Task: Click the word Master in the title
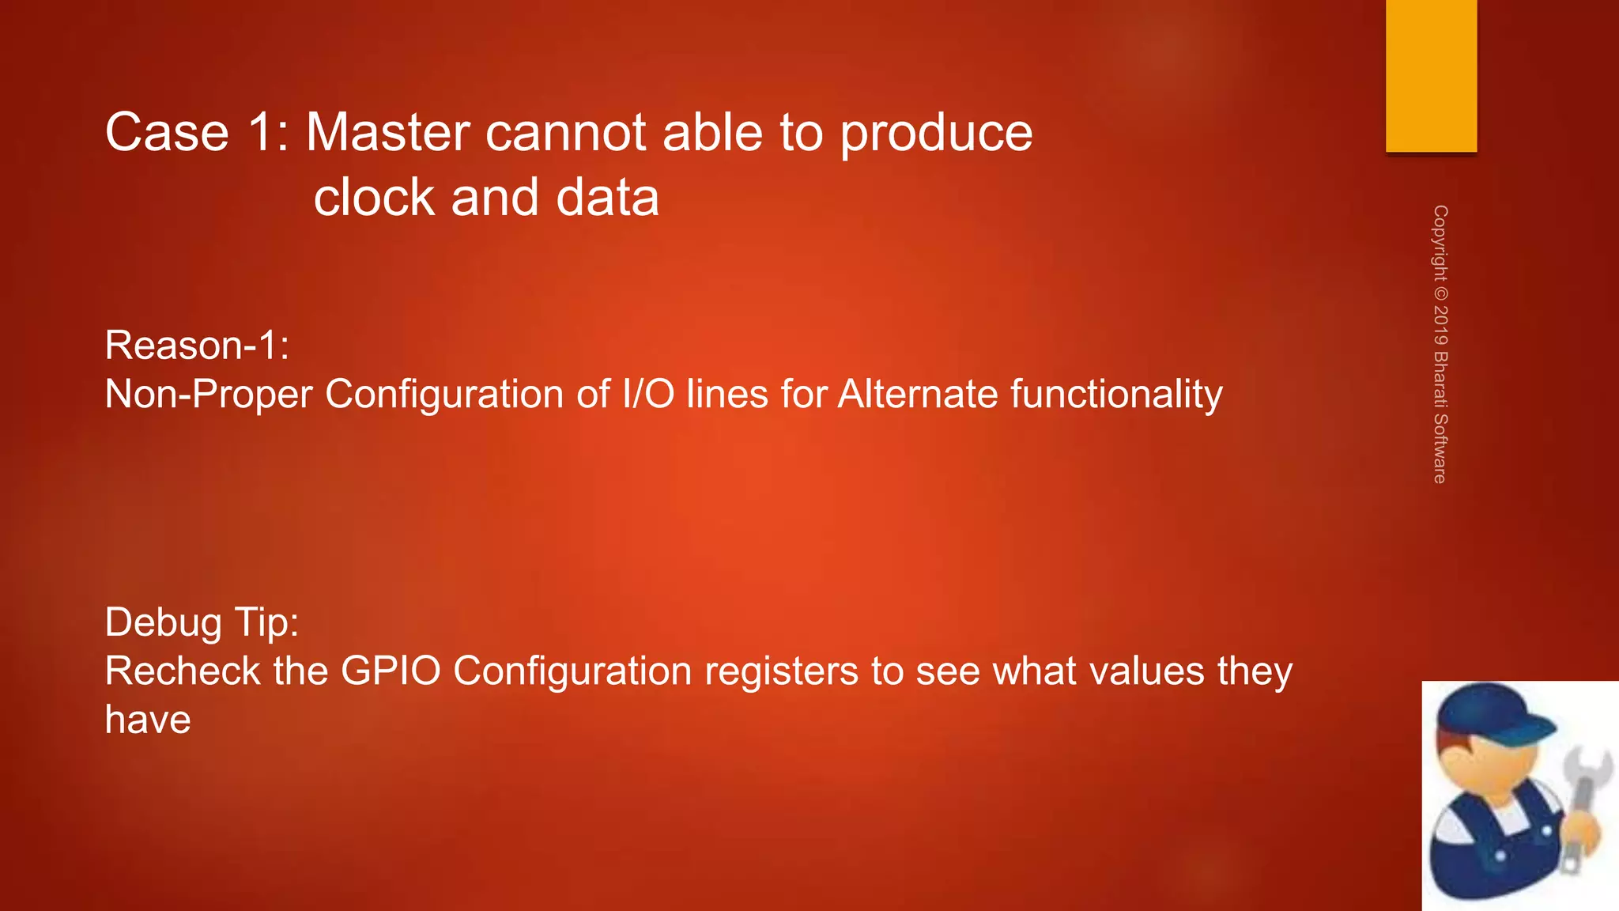[x=387, y=132]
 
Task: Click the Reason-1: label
[x=197, y=346]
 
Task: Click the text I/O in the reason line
[x=648, y=394]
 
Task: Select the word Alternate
[x=917, y=394]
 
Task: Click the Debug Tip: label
[x=202, y=622]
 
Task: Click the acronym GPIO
[x=390, y=671]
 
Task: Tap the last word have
[x=148, y=720]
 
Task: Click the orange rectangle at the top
[x=1431, y=75]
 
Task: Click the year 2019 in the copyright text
[x=1440, y=325]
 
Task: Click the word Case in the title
[x=167, y=132]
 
